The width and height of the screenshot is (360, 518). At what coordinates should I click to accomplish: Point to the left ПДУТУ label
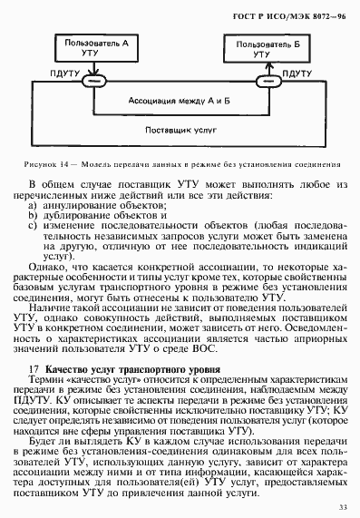click(64, 73)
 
